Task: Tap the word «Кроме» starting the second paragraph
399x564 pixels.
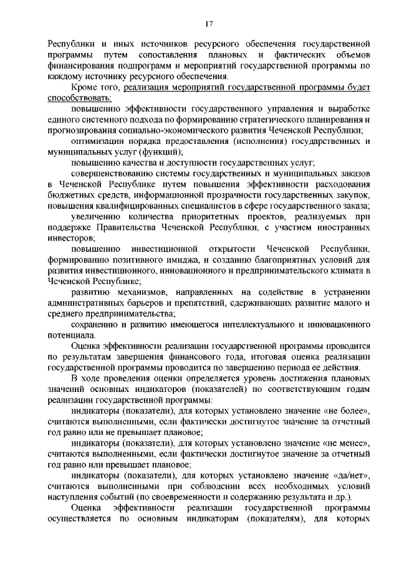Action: [85, 88]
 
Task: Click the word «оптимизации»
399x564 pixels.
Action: [97, 141]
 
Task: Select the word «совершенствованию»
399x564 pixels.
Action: [112, 174]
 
